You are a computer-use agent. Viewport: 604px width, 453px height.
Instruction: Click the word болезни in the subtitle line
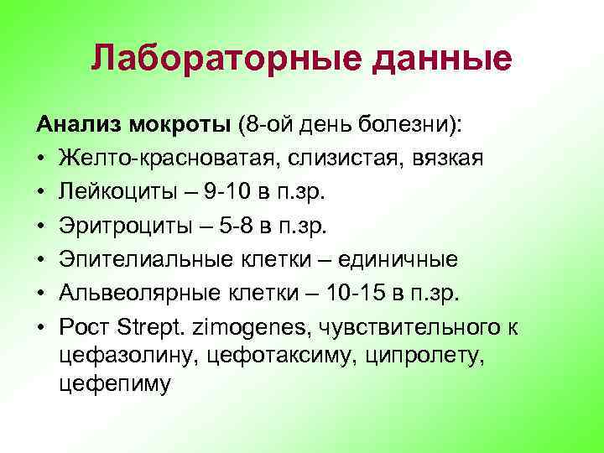coord(409,127)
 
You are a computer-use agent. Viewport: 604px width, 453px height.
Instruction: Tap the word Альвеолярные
coord(135,292)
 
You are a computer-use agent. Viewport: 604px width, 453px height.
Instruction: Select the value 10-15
coord(336,292)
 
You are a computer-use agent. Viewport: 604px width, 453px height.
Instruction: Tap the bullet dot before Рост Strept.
coord(40,325)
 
